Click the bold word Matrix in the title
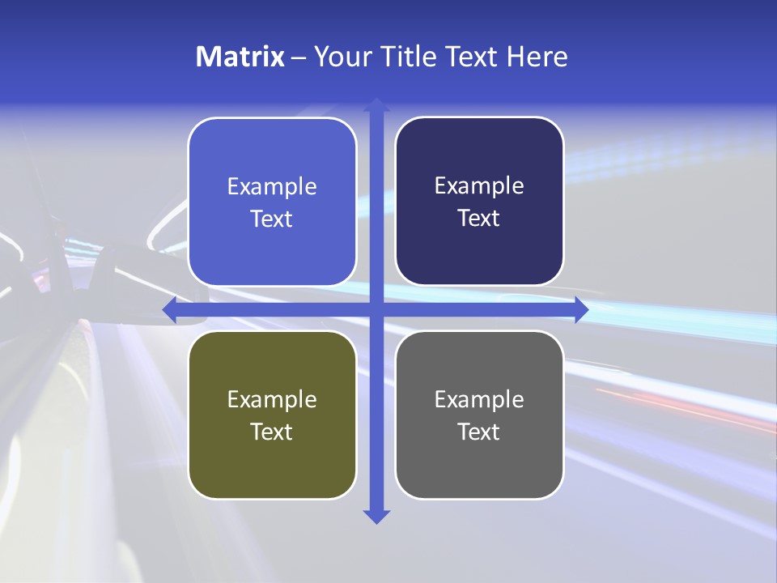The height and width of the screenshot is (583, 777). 240,57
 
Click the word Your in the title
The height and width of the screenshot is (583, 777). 339,57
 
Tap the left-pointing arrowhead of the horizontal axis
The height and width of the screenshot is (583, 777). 169,309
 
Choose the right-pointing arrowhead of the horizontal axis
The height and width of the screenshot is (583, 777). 581,309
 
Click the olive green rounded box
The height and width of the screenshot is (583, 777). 272,462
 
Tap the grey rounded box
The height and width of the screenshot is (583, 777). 479,462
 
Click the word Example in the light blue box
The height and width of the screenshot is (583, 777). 272,187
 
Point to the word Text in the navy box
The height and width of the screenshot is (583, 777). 479,219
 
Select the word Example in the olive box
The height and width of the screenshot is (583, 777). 272,399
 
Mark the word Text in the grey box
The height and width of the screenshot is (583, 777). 479,432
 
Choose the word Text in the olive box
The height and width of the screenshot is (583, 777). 272,432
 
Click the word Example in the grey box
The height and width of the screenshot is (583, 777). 479,399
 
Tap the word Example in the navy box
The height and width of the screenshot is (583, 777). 479,186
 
